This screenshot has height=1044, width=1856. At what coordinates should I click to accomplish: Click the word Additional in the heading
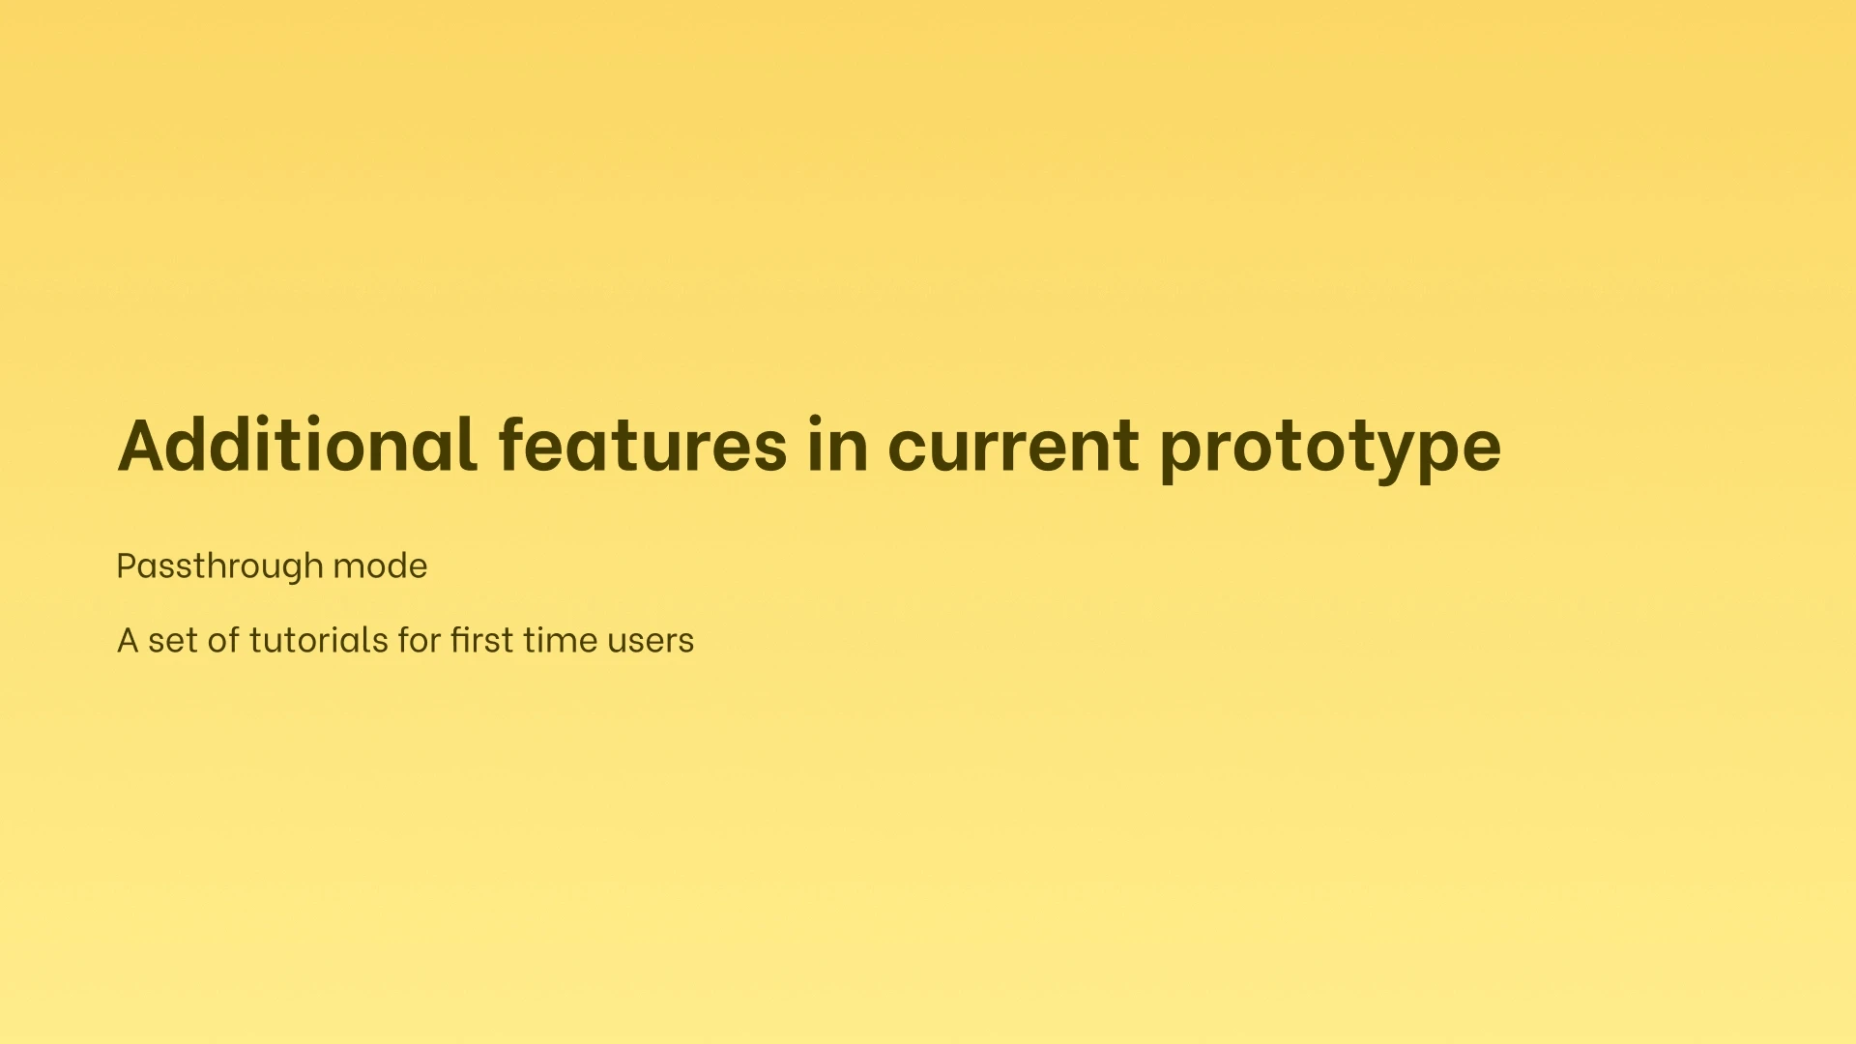click(x=298, y=445)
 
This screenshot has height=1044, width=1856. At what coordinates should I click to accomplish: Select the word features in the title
click(x=643, y=445)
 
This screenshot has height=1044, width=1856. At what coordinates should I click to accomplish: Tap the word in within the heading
click(x=837, y=445)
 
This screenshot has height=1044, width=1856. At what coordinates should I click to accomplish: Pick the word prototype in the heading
click(x=1330, y=449)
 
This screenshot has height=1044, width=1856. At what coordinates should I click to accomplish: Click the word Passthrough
click(x=219, y=566)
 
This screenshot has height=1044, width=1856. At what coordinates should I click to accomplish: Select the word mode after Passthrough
click(x=380, y=565)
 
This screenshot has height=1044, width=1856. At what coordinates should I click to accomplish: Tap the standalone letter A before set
click(x=128, y=640)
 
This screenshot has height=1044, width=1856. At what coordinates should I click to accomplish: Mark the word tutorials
click(x=318, y=640)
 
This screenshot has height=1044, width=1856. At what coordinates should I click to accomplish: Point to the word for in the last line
click(x=420, y=640)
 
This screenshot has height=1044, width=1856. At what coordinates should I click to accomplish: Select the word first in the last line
click(x=481, y=640)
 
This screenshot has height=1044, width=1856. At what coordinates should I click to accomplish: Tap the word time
click(x=560, y=640)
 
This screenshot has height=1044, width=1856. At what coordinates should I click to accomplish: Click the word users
click(x=651, y=642)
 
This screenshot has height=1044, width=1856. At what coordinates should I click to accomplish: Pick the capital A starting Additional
click(x=144, y=446)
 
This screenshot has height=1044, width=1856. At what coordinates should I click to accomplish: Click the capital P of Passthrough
click(x=128, y=565)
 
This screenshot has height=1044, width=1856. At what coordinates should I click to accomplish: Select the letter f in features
click(x=512, y=444)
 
